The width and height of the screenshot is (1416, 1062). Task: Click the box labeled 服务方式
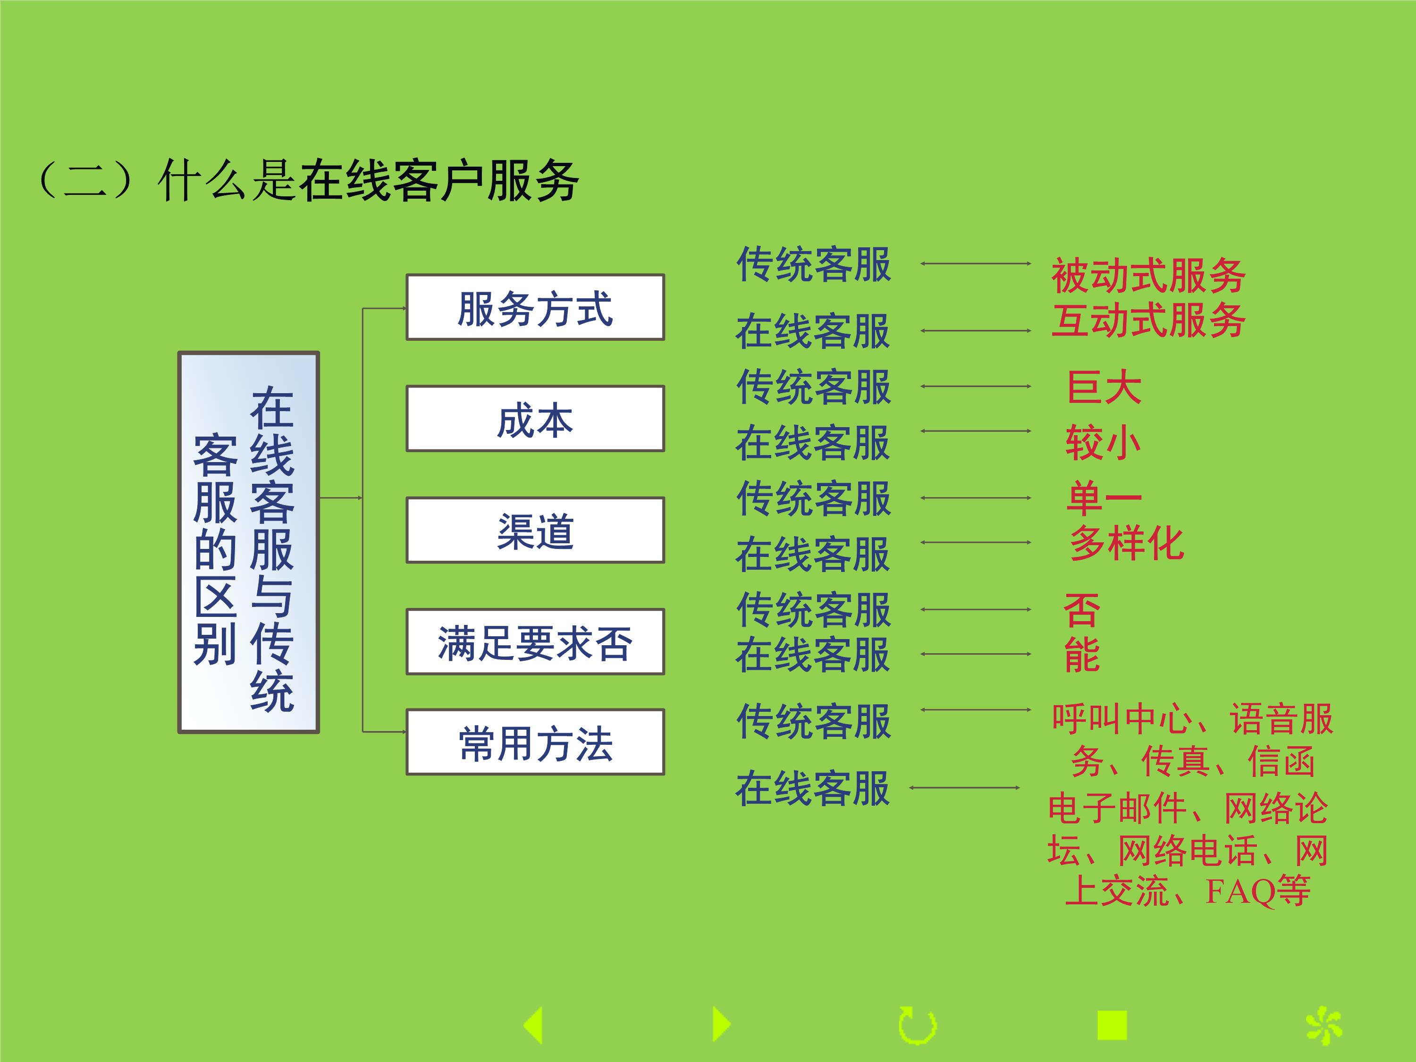click(x=535, y=307)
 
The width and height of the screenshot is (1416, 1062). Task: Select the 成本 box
click(x=535, y=419)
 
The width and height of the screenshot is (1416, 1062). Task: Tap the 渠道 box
click(x=535, y=530)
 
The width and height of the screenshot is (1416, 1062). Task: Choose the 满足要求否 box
click(x=535, y=641)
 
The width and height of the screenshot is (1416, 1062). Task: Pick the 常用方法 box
click(x=535, y=742)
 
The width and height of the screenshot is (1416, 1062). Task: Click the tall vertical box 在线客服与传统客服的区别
click(x=248, y=542)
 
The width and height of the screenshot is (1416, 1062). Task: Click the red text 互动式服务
click(x=1148, y=320)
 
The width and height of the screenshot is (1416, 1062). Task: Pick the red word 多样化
click(x=1127, y=543)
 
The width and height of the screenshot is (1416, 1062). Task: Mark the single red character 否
click(x=1082, y=610)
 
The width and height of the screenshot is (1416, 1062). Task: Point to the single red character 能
click(x=1082, y=655)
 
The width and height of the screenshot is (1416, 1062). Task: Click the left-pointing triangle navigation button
click(x=533, y=1025)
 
